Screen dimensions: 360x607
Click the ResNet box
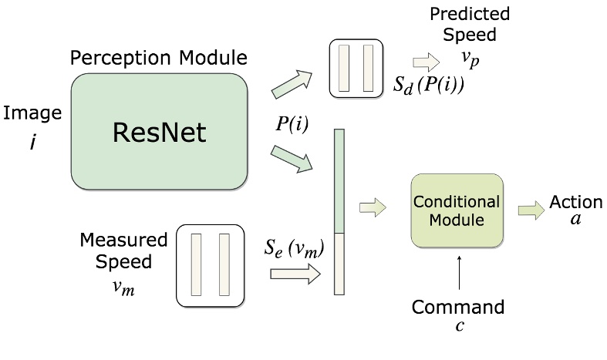(x=159, y=133)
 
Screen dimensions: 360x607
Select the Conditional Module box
(x=457, y=210)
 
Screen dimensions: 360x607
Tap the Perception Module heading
(x=159, y=58)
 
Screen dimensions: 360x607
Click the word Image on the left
(x=32, y=113)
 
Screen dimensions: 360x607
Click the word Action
(x=575, y=202)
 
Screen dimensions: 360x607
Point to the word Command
(x=458, y=308)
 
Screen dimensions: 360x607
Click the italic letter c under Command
(x=459, y=326)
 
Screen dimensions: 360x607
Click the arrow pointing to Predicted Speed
(x=423, y=62)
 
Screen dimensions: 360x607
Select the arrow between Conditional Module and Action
(x=530, y=209)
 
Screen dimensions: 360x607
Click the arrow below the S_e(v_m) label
(x=295, y=272)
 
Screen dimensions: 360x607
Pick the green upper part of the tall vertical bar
(x=339, y=181)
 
